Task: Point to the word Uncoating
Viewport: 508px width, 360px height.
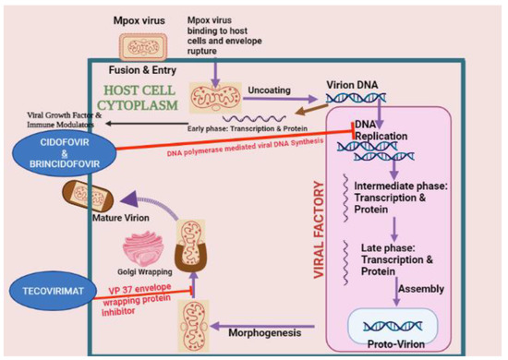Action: coord(270,90)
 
